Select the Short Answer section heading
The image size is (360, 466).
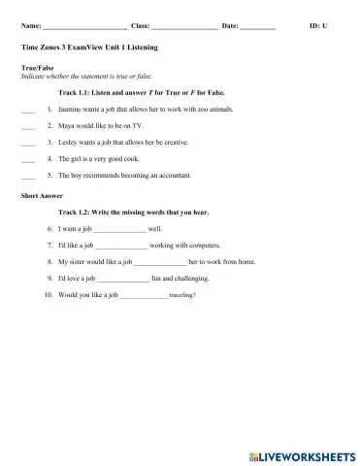click(x=40, y=195)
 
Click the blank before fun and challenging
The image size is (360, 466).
click(x=121, y=278)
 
